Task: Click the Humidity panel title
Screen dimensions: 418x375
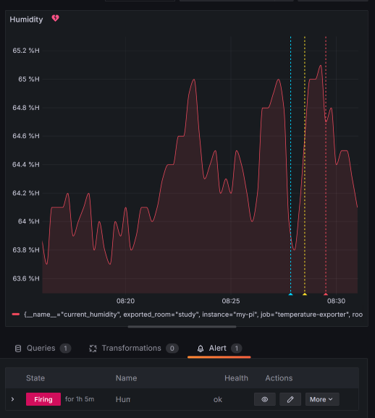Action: [26, 20]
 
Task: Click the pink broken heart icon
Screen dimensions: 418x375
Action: [56, 19]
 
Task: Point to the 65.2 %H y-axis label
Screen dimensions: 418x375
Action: [26, 51]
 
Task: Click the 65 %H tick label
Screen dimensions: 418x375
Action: [29, 79]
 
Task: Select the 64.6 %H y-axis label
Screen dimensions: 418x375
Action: [26, 136]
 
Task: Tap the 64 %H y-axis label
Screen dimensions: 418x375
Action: [29, 221]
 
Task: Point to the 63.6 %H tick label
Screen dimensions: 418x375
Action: [26, 278]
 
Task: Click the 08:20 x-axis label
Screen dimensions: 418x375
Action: [125, 300]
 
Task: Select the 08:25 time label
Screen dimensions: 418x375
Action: [231, 300]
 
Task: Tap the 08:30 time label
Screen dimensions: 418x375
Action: [336, 300]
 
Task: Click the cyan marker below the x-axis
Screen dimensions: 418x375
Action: [290, 294]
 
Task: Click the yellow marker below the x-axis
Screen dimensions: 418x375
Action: [305, 294]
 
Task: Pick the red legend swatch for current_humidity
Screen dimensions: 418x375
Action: [16, 315]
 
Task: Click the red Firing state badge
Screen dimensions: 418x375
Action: [43, 399]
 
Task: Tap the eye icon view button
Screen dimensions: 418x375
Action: [265, 399]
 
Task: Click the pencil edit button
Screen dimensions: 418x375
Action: [290, 399]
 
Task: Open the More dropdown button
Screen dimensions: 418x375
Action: [321, 399]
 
